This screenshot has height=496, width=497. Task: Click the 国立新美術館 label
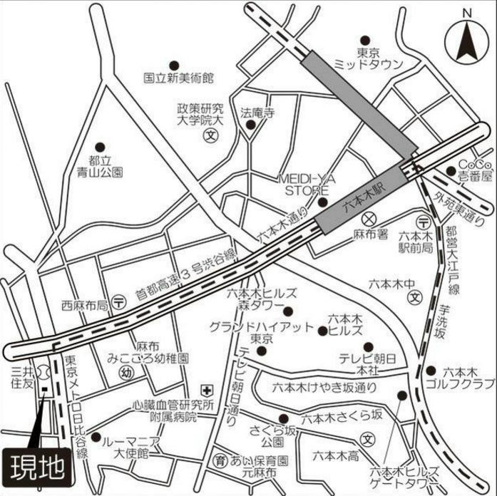click(178, 78)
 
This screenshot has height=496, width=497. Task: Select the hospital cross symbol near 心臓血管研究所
click(207, 390)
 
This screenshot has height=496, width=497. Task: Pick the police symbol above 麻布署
click(369, 219)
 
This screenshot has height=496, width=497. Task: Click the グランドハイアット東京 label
click(261, 333)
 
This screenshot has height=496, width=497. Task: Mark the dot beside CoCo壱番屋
click(451, 170)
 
